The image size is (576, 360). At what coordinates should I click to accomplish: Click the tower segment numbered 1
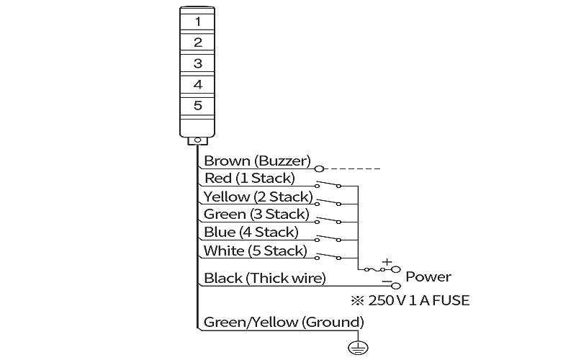pos(197,22)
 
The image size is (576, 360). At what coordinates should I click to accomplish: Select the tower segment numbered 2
pos(197,42)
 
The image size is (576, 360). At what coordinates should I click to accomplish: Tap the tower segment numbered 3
pos(197,63)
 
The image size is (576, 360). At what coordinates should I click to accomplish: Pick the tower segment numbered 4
pos(197,84)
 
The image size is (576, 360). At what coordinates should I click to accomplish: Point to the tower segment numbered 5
pos(197,106)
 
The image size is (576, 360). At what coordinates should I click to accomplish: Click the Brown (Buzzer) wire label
pos(257,161)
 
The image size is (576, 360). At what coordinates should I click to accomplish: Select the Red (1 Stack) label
pos(249,178)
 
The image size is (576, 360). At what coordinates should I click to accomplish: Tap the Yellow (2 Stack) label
pos(258,197)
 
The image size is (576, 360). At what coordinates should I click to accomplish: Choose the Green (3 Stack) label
pos(256,214)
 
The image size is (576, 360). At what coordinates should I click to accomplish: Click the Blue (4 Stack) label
pos(251,232)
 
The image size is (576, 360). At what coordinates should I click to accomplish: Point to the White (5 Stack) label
pos(255,251)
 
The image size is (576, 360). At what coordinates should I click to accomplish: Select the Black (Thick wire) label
pos(264,278)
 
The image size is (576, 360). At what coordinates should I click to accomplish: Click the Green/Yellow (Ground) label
pos(284,322)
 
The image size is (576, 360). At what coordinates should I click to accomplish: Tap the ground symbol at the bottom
pos(358,348)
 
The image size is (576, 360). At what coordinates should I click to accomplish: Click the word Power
pos(428,276)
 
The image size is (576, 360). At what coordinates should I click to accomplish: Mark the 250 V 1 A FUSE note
pos(410,300)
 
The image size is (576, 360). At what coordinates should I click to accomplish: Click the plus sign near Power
pos(387,262)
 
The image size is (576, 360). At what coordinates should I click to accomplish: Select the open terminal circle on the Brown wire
pos(320,169)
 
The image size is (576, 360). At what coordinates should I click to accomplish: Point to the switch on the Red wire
pos(328,184)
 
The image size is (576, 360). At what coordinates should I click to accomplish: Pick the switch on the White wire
pos(328,256)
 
